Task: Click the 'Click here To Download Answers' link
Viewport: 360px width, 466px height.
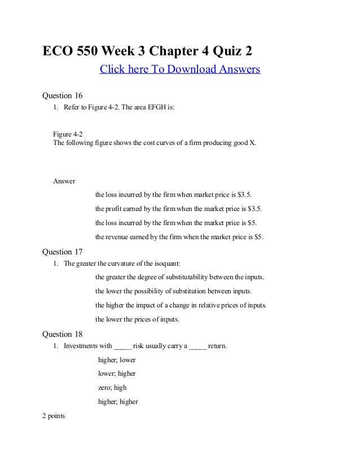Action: click(179, 70)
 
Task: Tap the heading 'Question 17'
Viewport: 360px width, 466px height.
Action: click(63, 252)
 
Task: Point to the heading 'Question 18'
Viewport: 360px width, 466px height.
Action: click(63, 335)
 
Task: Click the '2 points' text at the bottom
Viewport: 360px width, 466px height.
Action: click(54, 416)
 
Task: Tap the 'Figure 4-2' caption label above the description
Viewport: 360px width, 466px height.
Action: click(68, 134)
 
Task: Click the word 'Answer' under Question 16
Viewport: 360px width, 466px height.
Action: click(64, 181)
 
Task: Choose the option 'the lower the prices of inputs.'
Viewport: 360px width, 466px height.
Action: click(138, 319)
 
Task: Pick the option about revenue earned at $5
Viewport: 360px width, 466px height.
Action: click(179, 236)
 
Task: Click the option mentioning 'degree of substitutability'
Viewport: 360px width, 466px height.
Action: click(180, 278)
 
